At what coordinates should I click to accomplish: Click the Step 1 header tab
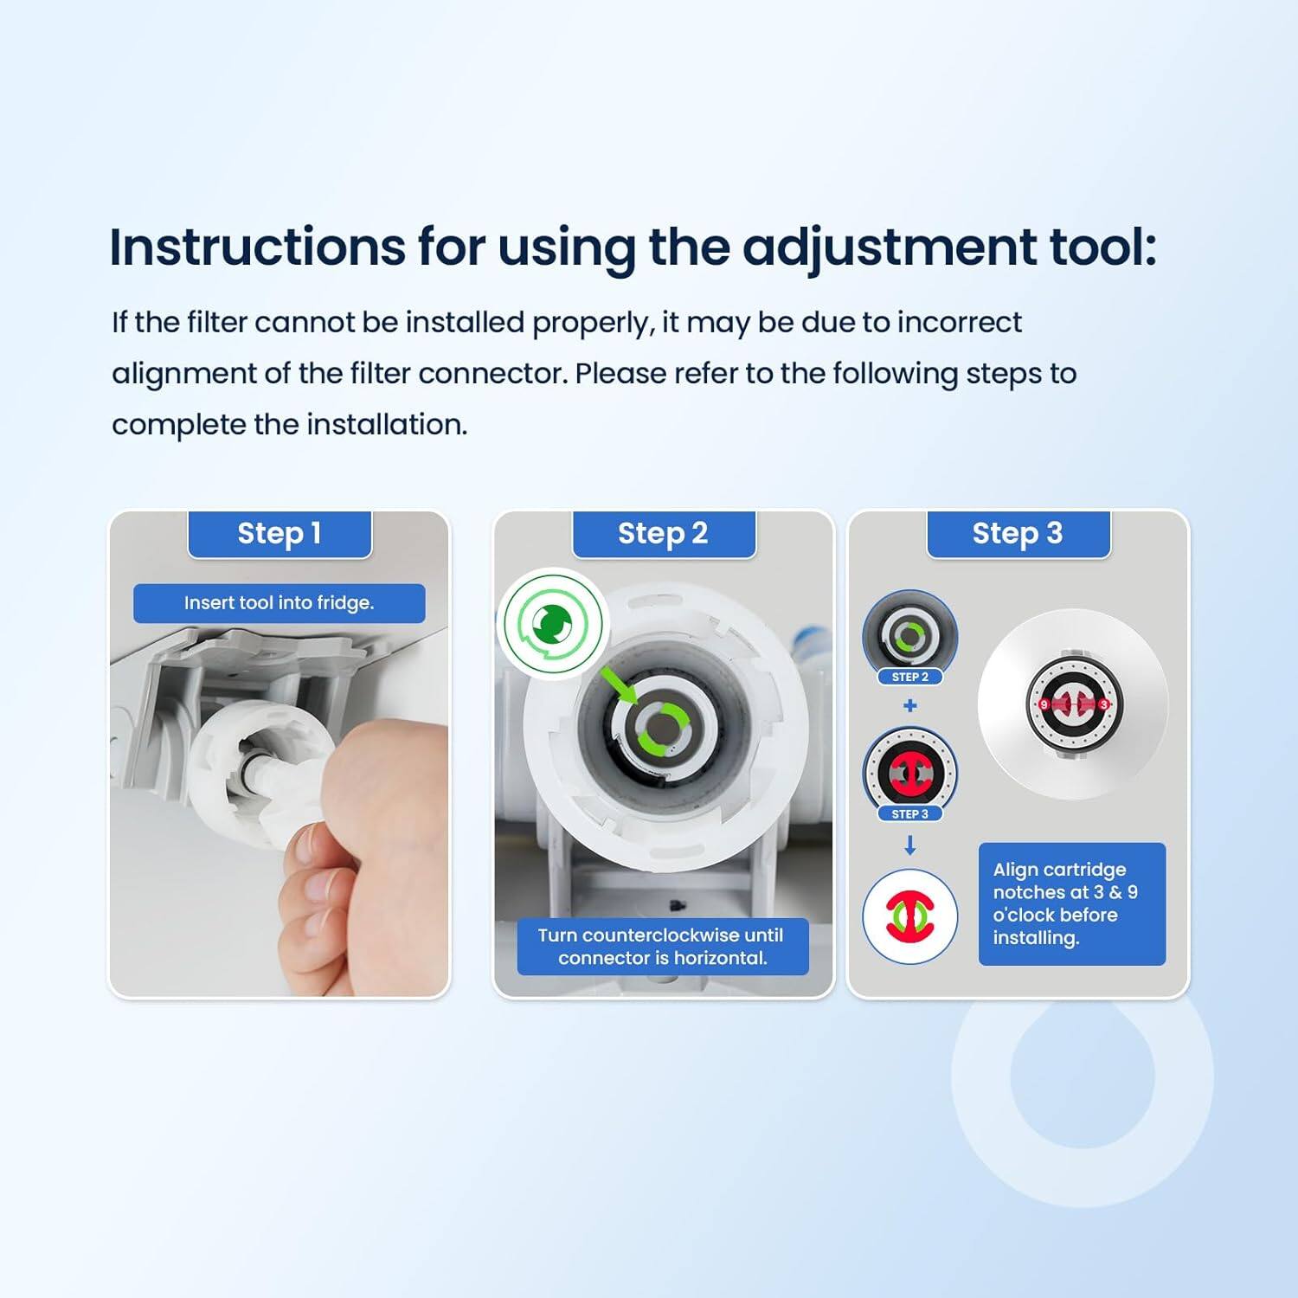280,534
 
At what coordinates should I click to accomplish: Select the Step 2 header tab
663,534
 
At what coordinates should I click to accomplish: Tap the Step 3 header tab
1018,534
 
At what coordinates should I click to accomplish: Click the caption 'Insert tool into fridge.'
279,603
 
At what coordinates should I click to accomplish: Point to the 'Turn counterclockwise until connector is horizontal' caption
662,946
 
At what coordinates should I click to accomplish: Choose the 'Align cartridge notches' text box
1071,903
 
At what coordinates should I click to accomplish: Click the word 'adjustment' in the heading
889,247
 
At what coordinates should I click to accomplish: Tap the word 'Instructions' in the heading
257,247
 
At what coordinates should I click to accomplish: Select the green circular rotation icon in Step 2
553,623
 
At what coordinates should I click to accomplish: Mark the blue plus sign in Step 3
909,706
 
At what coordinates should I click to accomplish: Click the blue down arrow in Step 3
909,845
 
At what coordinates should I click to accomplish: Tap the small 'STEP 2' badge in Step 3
909,677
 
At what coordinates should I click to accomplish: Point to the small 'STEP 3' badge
909,814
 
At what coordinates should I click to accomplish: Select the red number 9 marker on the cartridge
1044,704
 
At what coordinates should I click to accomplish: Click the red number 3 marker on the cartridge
1103,704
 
